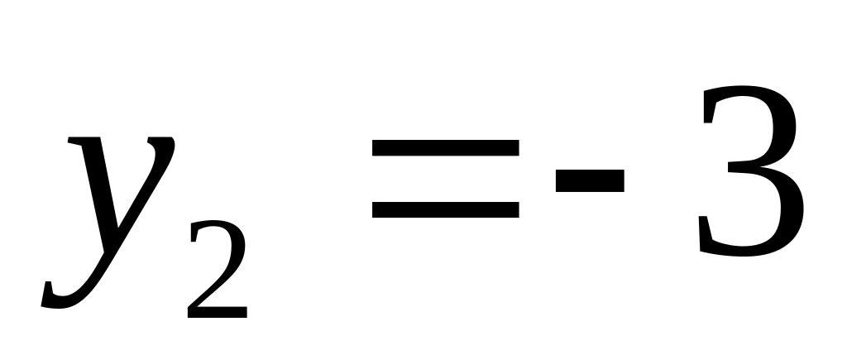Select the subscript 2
click(218, 269)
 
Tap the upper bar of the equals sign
click(446, 147)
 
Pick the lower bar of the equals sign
click(446, 209)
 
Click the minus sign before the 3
click(590, 180)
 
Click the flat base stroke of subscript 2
click(218, 312)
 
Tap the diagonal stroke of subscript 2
click(211, 286)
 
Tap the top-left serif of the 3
click(708, 108)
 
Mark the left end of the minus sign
click(557, 180)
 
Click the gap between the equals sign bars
click(446, 179)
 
